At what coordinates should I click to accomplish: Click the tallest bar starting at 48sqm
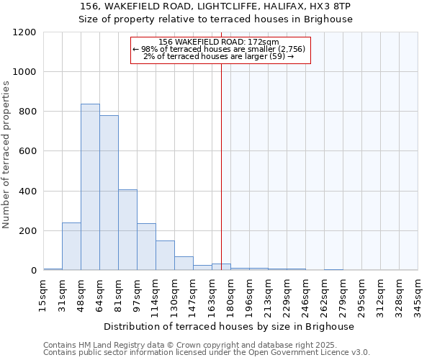tap(90, 187)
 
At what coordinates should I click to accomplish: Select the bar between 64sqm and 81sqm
tap(109, 193)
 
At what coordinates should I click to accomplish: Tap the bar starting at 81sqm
tap(127, 230)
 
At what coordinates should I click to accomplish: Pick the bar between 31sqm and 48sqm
tap(71, 246)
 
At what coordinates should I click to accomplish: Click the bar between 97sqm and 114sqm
tap(146, 247)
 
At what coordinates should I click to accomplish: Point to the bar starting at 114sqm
tap(165, 256)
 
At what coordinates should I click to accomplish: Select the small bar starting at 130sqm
tap(184, 264)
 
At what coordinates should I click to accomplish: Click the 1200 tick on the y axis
tap(24, 32)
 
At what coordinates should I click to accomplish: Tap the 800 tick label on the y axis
tap(27, 112)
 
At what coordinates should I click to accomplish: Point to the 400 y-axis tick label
tap(27, 192)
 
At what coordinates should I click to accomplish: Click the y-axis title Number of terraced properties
tap(6, 155)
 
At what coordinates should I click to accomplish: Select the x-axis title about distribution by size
tap(230, 326)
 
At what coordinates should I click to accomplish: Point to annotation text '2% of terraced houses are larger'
tap(218, 55)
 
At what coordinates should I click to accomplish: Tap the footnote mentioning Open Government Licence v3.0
tap(206, 352)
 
